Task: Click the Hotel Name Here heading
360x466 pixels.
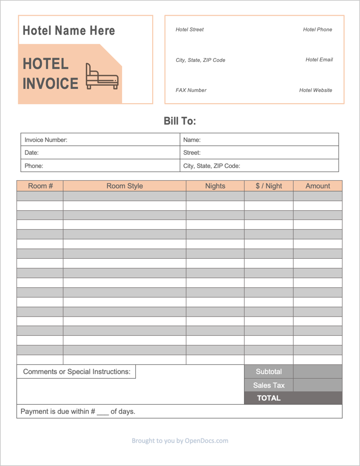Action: pos(69,31)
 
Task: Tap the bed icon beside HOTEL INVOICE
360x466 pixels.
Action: pos(102,77)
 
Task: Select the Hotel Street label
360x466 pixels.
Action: pos(189,30)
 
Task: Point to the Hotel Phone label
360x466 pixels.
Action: pos(317,30)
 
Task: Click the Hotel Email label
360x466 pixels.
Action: pos(319,60)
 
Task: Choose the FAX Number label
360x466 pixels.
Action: pos(191,90)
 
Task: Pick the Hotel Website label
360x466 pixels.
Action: pos(316,90)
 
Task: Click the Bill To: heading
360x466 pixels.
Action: pos(180,121)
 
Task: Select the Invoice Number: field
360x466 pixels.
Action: pos(100,140)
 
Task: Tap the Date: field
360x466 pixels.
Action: pos(100,153)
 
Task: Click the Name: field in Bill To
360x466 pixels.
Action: pos(259,140)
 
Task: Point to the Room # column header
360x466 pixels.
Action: pos(40,186)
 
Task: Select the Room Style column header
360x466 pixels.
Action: pos(125,186)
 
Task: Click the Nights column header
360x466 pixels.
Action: pos(215,186)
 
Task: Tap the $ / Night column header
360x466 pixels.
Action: pos(269,186)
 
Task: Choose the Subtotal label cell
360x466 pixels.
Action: pos(269,372)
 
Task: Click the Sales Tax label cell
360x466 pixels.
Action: pos(269,385)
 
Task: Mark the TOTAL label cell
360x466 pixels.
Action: pos(269,398)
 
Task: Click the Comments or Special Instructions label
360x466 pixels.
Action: pos(77,372)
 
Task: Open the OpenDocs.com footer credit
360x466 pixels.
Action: pos(180,440)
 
